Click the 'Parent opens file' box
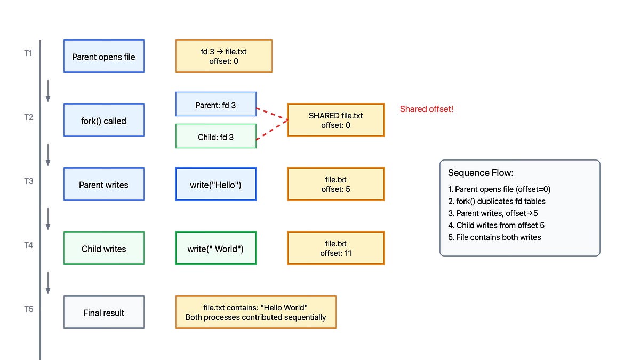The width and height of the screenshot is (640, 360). click(103, 56)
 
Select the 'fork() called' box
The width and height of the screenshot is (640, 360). click(103, 120)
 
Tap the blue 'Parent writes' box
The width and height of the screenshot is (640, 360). click(103, 184)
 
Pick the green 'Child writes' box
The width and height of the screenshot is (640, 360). click(103, 248)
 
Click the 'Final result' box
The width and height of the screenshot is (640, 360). click(103, 312)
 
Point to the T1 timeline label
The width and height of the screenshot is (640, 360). click(28, 54)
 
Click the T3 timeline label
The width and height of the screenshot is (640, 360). click(28, 181)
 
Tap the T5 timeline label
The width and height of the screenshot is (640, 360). click(28, 309)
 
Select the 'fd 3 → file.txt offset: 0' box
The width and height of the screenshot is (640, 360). click(223, 56)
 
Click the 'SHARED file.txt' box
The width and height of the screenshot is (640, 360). click(335, 120)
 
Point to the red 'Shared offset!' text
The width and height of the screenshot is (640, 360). click(426, 109)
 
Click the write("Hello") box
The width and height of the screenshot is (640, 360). click(215, 184)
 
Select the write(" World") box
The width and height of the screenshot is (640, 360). click(215, 248)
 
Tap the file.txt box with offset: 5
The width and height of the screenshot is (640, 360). click(335, 184)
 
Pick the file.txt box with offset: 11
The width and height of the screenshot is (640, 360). click(335, 248)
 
